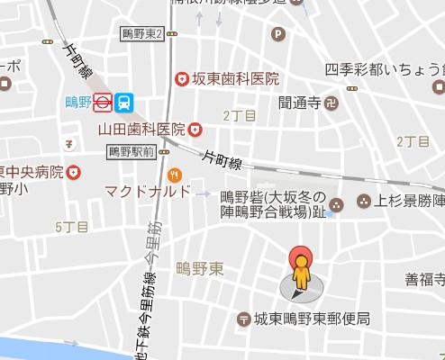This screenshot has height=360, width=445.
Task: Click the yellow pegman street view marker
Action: (x=300, y=267)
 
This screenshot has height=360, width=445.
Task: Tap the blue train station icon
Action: (x=125, y=103)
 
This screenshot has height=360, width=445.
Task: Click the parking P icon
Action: (x=278, y=35)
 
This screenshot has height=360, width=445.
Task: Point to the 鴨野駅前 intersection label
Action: (x=132, y=151)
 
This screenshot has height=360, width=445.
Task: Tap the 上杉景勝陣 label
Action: (x=410, y=200)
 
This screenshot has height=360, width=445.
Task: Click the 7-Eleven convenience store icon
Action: (x=69, y=143)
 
